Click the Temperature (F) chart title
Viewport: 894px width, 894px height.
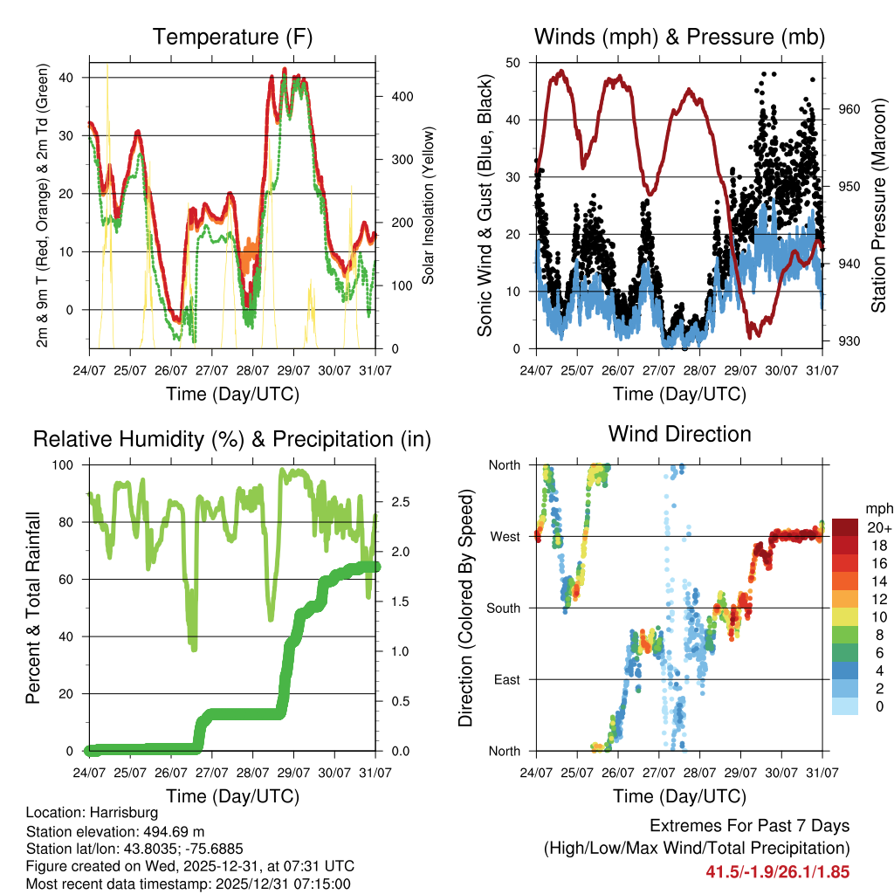pyautogui.click(x=232, y=38)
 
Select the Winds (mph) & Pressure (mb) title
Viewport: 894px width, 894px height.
pyautogui.click(x=679, y=38)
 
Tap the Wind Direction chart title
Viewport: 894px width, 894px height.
pyautogui.click(x=679, y=434)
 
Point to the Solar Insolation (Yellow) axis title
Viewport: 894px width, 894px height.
pyautogui.click(x=429, y=205)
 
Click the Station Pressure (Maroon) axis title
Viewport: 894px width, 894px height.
pyautogui.click(x=878, y=205)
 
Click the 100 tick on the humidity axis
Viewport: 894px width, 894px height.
pyautogui.click(x=72, y=465)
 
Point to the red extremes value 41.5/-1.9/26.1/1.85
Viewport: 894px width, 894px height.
pyautogui.click(x=777, y=871)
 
